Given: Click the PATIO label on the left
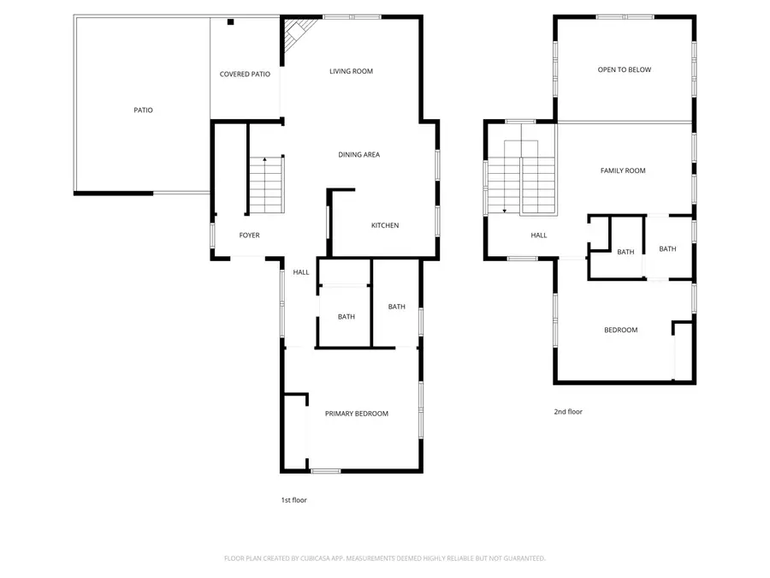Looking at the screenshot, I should tap(143, 110).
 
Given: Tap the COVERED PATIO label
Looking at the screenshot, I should tap(245, 74).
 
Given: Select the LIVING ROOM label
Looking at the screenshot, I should tap(351, 71).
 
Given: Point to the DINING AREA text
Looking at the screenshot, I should tap(358, 155).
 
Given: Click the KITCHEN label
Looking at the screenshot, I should tap(384, 226).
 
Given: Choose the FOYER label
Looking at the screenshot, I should tap(249, 235).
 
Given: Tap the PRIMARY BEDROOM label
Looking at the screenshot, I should tap(356, 414).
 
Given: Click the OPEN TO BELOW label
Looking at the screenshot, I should tap(624, 70).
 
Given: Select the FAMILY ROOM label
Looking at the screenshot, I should tap(622, 171).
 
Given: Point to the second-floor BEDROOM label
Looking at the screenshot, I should tap(620, 331).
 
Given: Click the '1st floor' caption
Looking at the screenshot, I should tap(293, 500).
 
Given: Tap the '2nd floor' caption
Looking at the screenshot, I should tap(568, 412).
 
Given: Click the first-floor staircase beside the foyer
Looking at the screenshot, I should tap(267, 186).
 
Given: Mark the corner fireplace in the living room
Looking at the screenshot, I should tap(295, 34).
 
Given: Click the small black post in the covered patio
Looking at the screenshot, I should tap(230, 22).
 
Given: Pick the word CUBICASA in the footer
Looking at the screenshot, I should tap(311, 558).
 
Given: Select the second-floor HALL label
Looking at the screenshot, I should tap(538, 235).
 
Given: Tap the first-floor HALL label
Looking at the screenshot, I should tap(301, 272).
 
